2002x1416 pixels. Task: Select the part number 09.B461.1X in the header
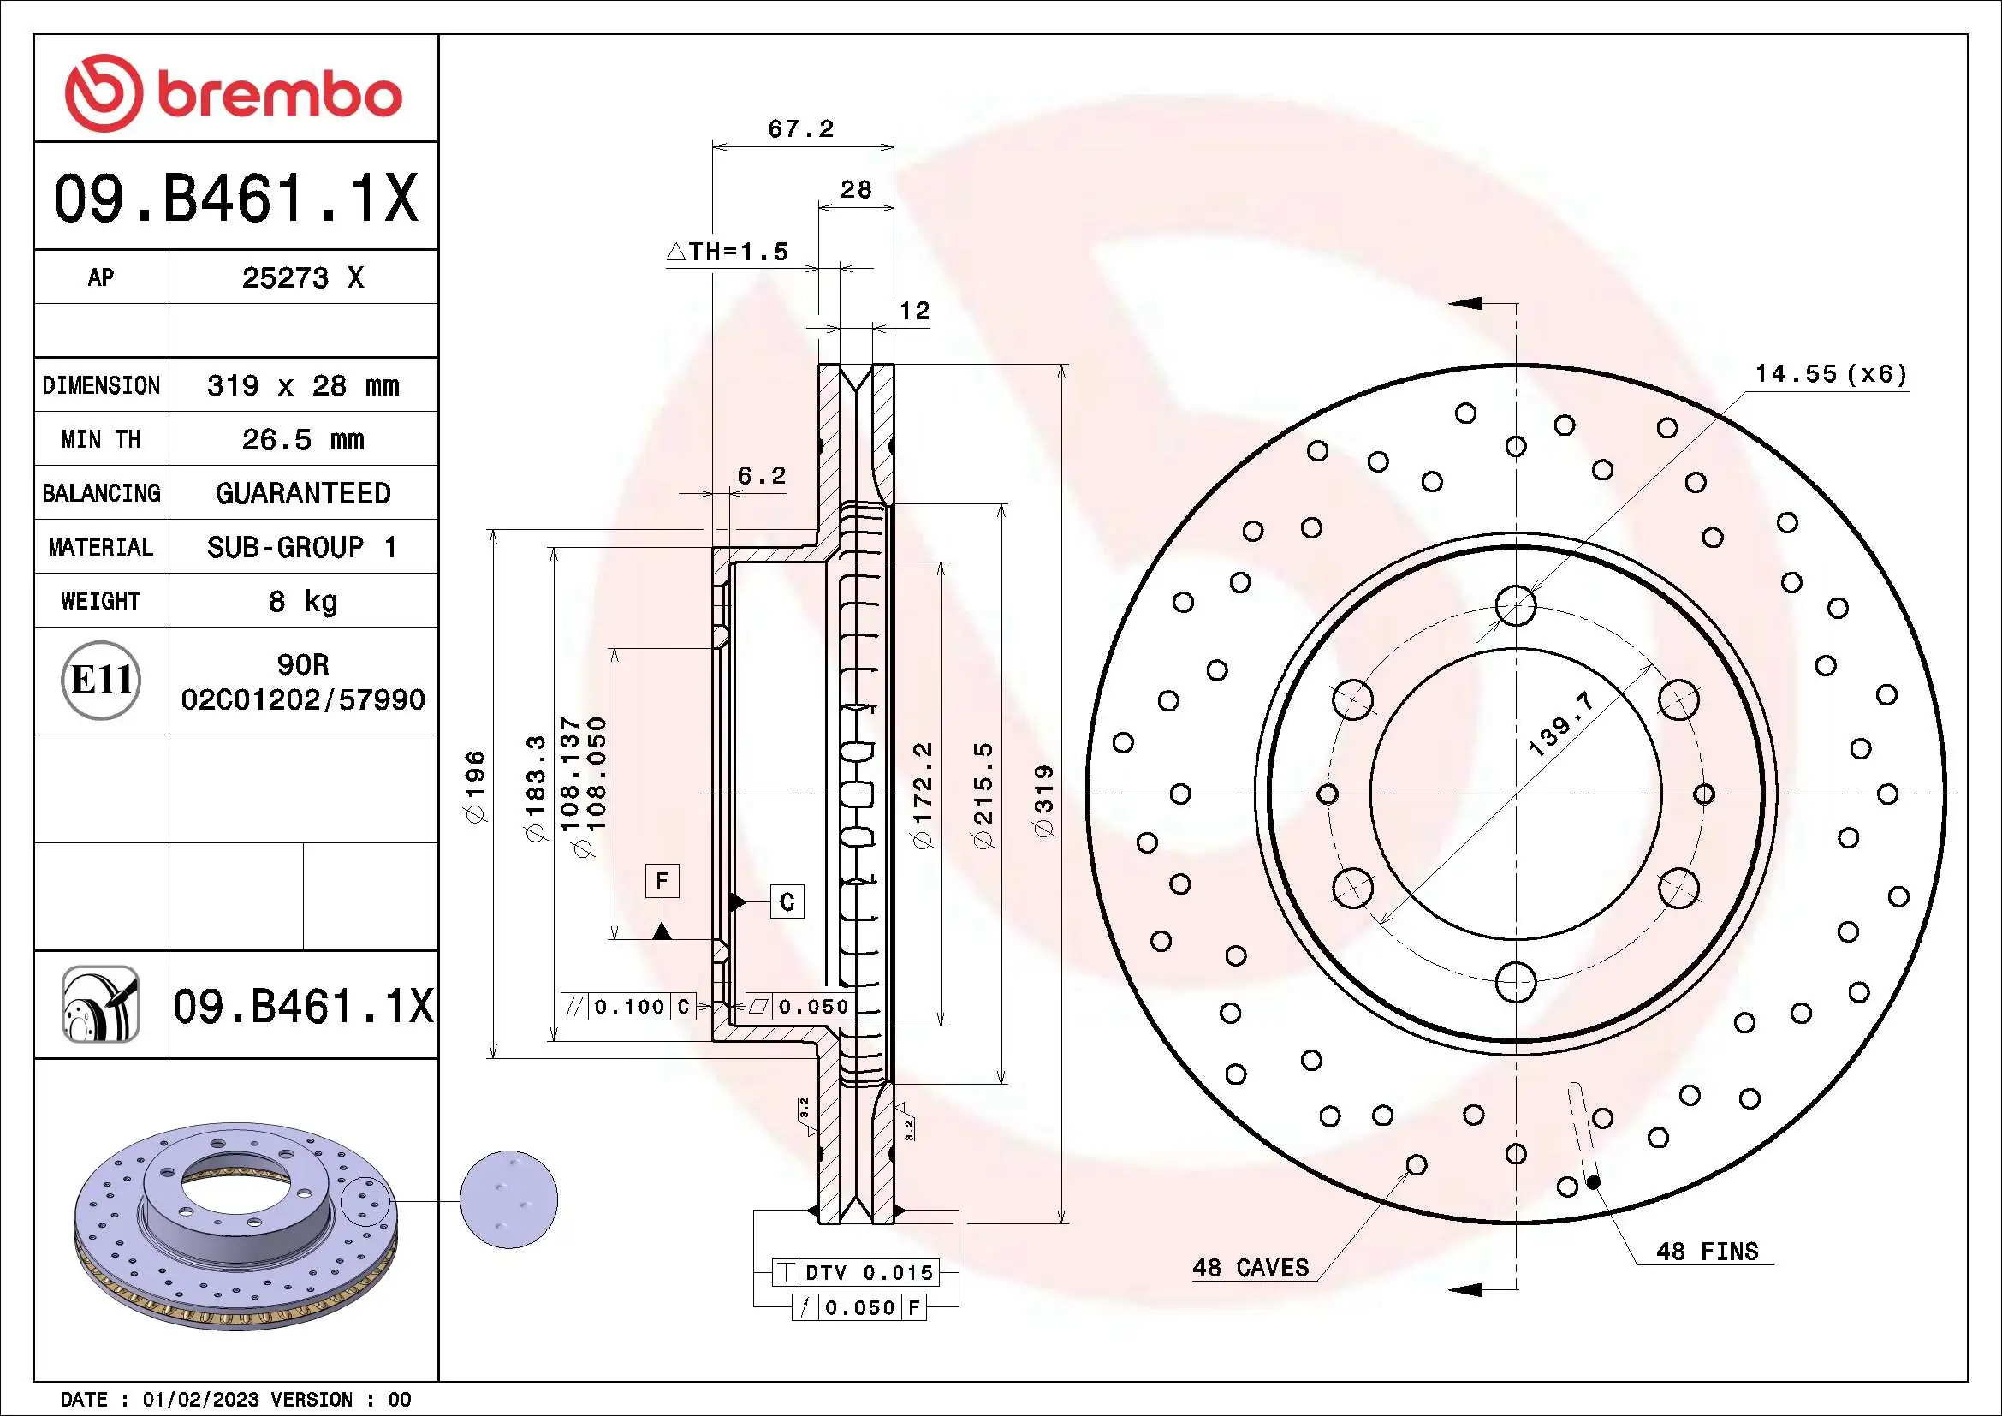pos(235,199)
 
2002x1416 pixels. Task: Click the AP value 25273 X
pos(302,278)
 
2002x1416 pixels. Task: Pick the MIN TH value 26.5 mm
pos(302,439)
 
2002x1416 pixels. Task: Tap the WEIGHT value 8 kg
pos(302,601)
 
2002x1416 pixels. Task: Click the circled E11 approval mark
pos(101,680)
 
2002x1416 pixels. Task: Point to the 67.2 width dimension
pos(799,129)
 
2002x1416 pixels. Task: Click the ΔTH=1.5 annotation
pos(728,252)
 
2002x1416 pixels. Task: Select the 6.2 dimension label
pos(760,476)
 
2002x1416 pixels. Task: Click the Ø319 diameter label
pos(1043,801)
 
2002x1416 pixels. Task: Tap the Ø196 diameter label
pos(476,788)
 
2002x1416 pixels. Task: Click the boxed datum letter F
pos(662,881)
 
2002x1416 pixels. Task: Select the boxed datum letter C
pos(787,901)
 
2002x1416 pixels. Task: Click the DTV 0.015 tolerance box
pos(855,1273)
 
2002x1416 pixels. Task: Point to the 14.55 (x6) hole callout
pos(1830,375)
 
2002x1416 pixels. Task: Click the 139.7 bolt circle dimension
pos(1560,723)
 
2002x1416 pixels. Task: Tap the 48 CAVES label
pos(1251,1268)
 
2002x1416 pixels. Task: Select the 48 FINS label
pos(1707,1252)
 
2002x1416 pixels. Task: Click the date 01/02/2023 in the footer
pos(200,1400)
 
